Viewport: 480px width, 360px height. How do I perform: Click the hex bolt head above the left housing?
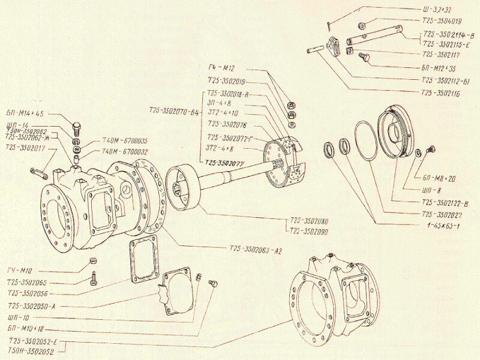[x=77, y=127]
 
